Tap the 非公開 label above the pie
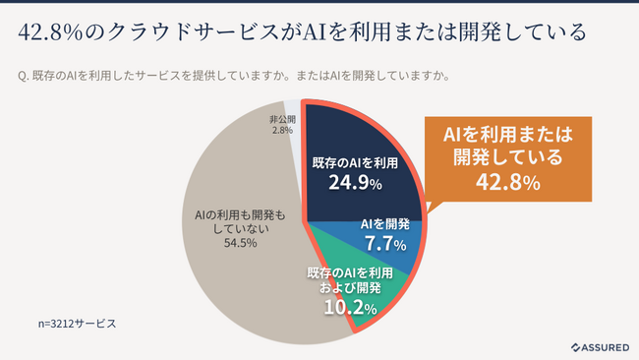click(283, 119)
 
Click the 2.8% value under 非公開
click(283, 130)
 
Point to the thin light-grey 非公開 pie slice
click(295, 138)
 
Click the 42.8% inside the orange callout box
click(507, 183)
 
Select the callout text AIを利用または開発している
click(508, 146)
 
